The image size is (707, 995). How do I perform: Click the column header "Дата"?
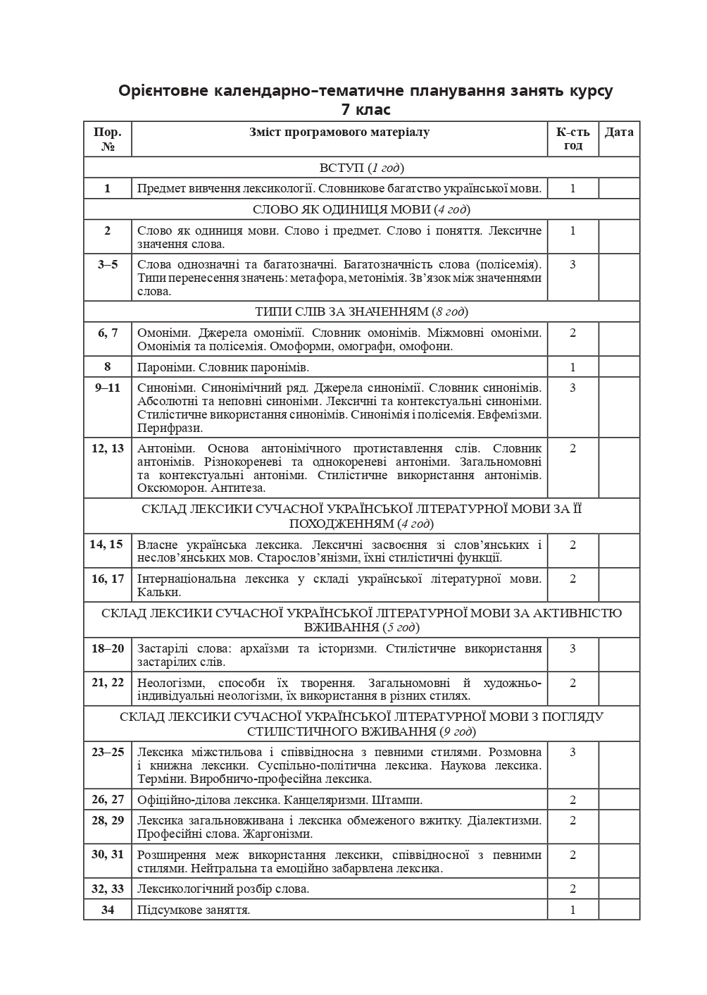[x=619, y=132]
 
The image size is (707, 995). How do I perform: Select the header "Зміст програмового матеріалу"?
[x=339, y=132]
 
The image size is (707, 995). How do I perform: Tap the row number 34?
[x=107, y=910]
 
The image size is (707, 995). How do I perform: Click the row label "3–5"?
[x=107, y=264]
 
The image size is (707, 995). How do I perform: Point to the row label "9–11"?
[x=107, y=388]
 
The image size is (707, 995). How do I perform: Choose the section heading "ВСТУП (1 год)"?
[x=361, y=168]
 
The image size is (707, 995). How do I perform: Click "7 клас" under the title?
[x=365, y=110]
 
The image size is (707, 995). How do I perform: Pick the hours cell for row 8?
[x=573, y=367]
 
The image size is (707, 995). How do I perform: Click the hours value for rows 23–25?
[x=573, y=752]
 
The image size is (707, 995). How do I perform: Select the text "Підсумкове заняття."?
[x=194, y=910]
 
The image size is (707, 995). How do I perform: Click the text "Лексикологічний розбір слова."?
[x=223, y=889]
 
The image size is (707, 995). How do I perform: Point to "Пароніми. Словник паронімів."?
[x=223, y=367]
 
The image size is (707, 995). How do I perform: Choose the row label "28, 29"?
[x=107, y=820]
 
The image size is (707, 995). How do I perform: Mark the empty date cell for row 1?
[x=619, y=188]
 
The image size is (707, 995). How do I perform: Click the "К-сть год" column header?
[x=573, y=139]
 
